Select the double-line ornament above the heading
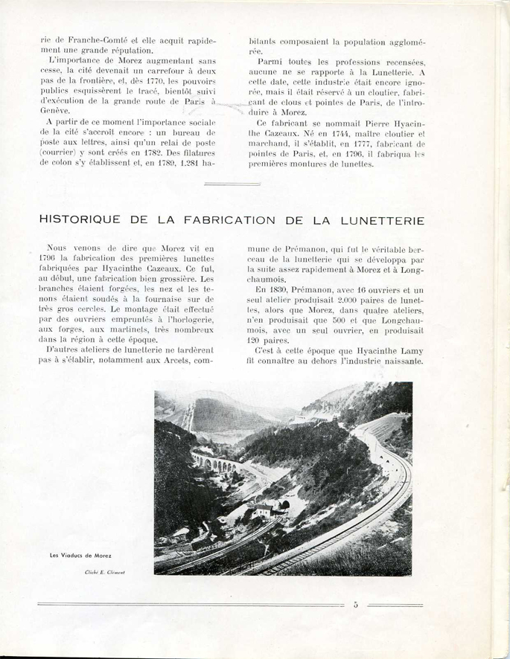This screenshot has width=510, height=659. coord(231,182)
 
